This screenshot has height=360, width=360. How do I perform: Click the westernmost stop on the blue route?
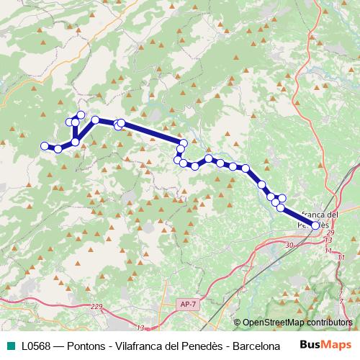tap(45, 146)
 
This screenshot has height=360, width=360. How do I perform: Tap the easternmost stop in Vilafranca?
tap(315, 225)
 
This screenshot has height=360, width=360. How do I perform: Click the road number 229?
tap(98, 307)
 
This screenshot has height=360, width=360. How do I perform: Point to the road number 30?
tap(289, 246)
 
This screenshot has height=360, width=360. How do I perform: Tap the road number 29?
tap(330, 233)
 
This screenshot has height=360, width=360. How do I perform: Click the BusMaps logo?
tap(323, 346)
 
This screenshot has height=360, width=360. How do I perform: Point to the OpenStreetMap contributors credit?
tap(297, 323)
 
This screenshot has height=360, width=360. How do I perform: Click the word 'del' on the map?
tap(331, 215)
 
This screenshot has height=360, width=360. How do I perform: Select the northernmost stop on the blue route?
tap(81, 115)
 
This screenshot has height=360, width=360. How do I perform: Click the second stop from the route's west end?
tap(58, 149)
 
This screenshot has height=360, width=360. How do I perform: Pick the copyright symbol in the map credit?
tap(238, 323)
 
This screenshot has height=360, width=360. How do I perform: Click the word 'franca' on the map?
tap(310, 215)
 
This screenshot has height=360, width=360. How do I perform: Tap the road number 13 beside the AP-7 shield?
tap(140, 328)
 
